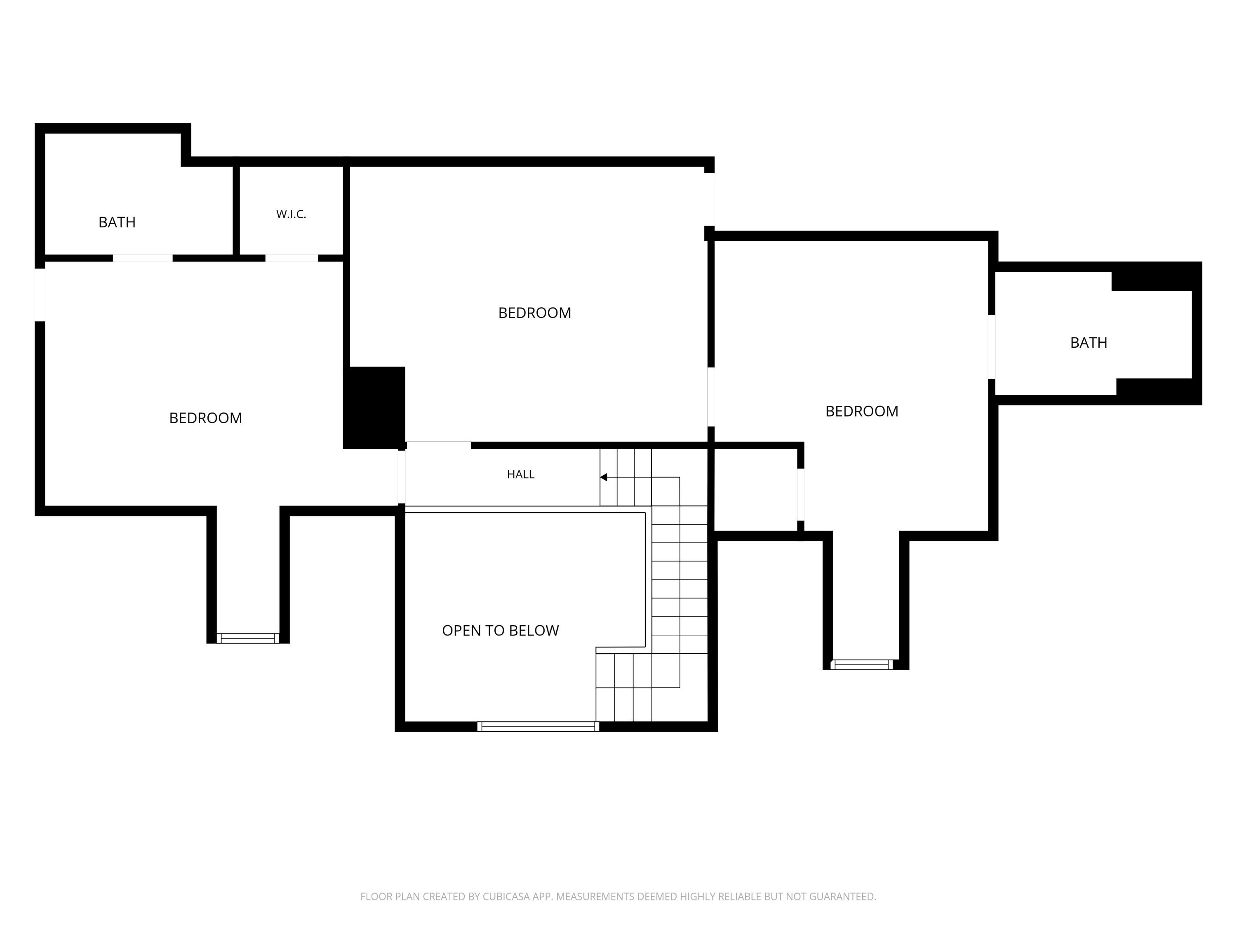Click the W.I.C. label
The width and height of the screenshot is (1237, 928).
click(x=291, y=214)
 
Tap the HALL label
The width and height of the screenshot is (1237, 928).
click(x=521, y=474)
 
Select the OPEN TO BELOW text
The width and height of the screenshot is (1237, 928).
click(x=500, y=630)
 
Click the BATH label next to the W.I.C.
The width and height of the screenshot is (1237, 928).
click(x=117, y=222)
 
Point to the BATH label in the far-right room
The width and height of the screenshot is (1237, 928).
click(x=1088, y=342)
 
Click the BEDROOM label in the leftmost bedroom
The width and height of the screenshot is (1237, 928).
click(x=205, y=418)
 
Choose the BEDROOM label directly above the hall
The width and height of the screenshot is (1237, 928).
click(x=535, y=313)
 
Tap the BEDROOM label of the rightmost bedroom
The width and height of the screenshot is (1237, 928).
click(x=862, y=411)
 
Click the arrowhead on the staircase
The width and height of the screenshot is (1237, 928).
click(x=603, y=477)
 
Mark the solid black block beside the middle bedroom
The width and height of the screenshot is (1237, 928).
click(x=374, y=407)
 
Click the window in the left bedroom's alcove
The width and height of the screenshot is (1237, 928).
click(x=248, y=638)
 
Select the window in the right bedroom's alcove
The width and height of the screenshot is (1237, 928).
click(x=861, y=664)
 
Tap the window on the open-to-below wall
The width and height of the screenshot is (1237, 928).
click(x=538, y=727)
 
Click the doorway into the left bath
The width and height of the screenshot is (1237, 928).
click(x=143, y=258)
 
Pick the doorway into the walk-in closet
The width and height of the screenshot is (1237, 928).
click(x=292, y=258)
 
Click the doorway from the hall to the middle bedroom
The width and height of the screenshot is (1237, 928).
click(x=438, y=445)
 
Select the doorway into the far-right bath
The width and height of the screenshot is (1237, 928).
click(x=992, y=347)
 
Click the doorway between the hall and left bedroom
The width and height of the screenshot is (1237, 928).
click(x=402, y=477)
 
